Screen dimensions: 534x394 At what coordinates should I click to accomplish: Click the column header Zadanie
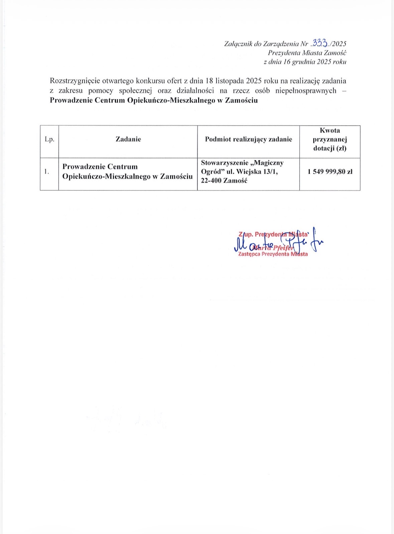click(128, 139)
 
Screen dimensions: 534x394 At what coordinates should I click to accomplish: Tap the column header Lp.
click(49, 139)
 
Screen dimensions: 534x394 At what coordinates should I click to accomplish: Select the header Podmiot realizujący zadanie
click(248, 139)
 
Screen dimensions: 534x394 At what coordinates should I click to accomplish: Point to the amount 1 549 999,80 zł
click(330, 171)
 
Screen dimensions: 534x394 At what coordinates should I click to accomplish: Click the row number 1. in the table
click(47, 171)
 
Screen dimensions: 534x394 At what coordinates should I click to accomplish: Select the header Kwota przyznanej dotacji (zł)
click(330, 139)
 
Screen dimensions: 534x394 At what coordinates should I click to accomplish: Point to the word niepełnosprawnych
click(306, 90)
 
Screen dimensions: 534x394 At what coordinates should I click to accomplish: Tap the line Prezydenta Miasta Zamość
click(307, 53)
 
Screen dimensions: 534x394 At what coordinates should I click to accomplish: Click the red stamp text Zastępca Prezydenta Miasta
click(273, 254)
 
